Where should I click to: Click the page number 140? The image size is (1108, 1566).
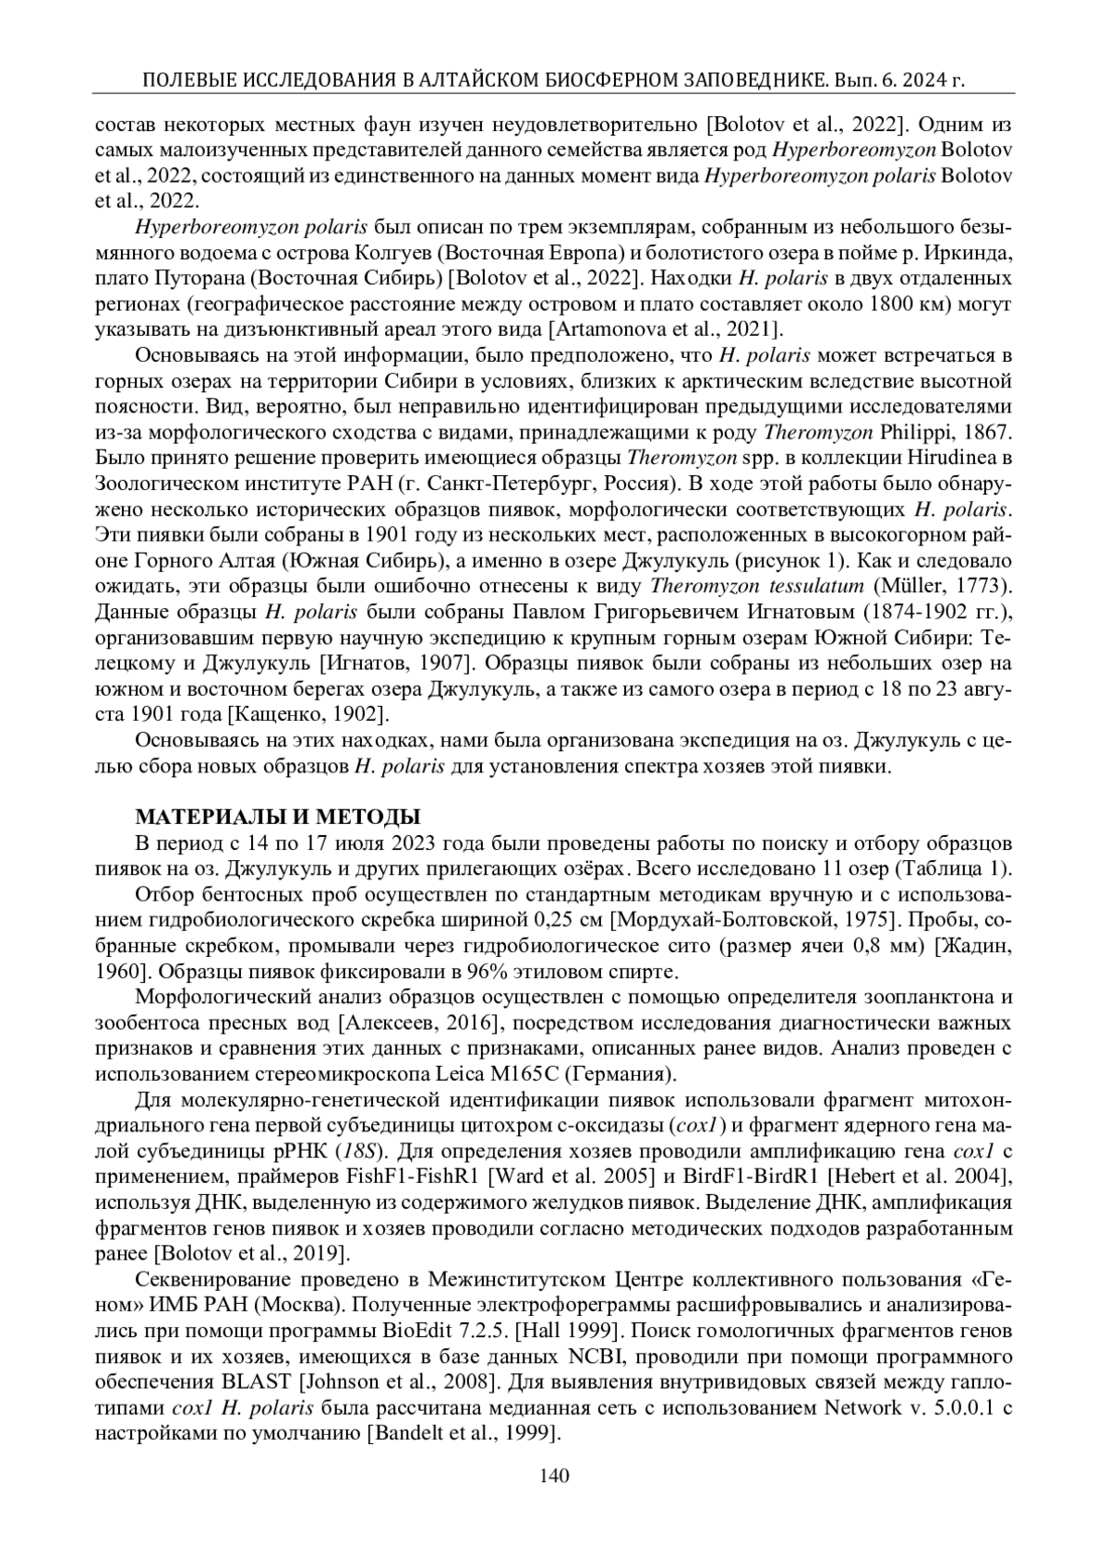[554, 1475]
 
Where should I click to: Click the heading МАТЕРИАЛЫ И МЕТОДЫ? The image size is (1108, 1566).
[278, 817]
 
